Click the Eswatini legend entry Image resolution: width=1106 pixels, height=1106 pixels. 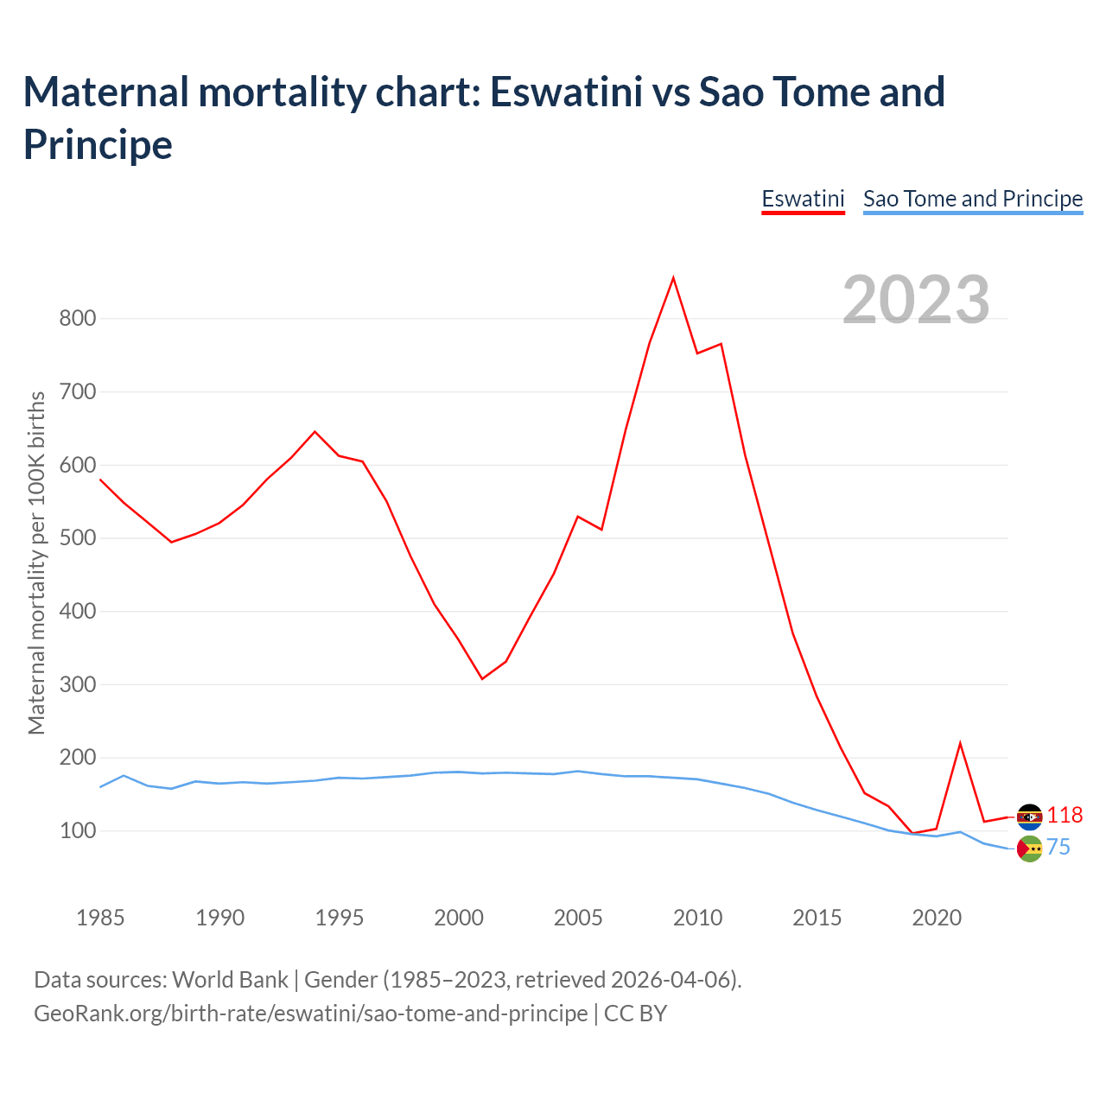pyautogui.click(x=803, y=199)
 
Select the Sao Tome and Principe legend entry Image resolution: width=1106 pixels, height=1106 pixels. pyautogui.click(x=973, y=199)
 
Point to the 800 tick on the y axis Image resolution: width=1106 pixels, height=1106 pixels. pyautogui.click(x=77, y=318)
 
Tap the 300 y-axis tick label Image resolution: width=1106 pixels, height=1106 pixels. pyautogui.click(x=77, y=684)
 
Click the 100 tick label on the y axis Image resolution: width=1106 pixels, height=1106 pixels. pyautogui.click(x=77, y=830)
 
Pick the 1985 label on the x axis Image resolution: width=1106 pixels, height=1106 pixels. pyautogui.click(x=100, y=918)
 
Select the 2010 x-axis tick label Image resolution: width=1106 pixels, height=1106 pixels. pyautogui.click(x=697, y=918)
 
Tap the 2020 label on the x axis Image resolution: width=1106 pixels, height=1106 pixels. pyautogui.click(x=937, y=918)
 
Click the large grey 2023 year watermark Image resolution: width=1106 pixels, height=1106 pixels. pyautogui.click(x=916, y=300)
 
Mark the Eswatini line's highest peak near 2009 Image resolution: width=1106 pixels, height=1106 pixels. pyautogui.click(x=673, y=278)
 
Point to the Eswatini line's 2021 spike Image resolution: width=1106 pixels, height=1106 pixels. pyautogui.click(x=960, y=743)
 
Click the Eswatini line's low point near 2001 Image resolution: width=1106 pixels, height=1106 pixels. pyautogui.click(x=482, y=678)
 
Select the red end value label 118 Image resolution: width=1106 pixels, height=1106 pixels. pyautogui.click(x=1065, y=815)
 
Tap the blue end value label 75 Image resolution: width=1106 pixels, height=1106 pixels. pyautogui.click(x=1058, y=848)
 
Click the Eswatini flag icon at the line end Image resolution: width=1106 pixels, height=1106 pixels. pyautogui.click(x=1029, y=817)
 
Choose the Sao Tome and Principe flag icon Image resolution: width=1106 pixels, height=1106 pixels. pyautogui.click(x=1029, y=849)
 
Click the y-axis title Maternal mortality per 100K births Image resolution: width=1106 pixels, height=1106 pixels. pyautogui.click(x=36, y=563)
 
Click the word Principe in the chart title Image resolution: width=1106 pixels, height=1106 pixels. pyautogui.click(x=98, y=144)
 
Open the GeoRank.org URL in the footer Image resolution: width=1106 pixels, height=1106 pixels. pyautogui.click(x=310, y=1013)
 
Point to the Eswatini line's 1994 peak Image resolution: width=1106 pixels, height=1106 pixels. pyautogui.click(x=315, y=431)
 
